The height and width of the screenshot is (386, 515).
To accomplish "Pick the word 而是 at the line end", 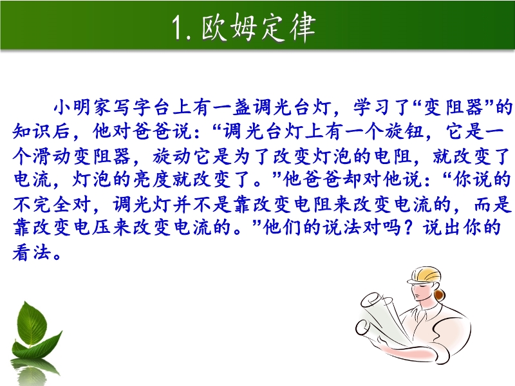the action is pyautogui.click(x=493, y=204).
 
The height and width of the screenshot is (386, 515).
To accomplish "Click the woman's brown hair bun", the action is pyautogui.click(x=440, y=294).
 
